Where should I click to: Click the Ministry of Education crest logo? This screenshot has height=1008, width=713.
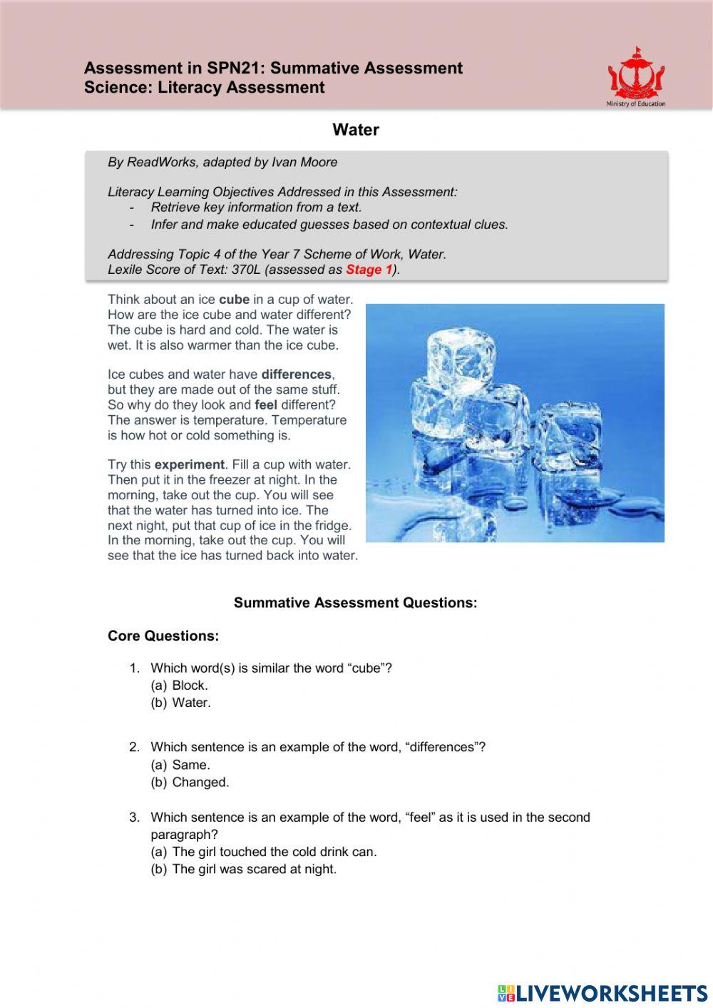pyautogui.click(x=636, y=76)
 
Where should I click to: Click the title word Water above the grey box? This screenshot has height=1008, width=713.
pyautogui.click(x=356, y=130)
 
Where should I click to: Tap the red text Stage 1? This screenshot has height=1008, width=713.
pyautogui.click(x=369, y=270)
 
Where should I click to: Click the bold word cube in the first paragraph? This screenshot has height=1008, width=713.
pyautogui.click(x=234, y=300)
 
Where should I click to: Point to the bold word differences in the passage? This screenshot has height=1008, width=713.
pyautogui.click(x=296, y=375)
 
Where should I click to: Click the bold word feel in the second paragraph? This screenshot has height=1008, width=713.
pyautogui.click(x=265, y=405)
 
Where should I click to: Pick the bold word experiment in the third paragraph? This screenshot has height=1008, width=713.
pyautogui.click(x=189, y=464)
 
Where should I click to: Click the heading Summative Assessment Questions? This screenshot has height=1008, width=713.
pyautogui.click(x=355, y=603)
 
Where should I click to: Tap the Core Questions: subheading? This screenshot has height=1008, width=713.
pyautogui.click(x=163, y=636)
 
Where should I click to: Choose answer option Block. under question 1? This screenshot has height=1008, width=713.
pyautogui.click(x=190, y=686)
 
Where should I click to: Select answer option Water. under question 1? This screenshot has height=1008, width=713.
pyautogui.click(x=191, y=703)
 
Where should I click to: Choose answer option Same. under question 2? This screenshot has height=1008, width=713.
pyautogui.click(x=190, y=765)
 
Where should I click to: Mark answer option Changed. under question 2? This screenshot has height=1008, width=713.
pyautogui.click(x=200, y=782)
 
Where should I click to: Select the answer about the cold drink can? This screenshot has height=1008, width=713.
pyautogui.click(x=275, y=852)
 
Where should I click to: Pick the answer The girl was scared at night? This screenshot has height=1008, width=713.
pyautogui.click(x=254, y=869)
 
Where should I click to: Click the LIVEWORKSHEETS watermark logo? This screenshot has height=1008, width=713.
pyautogui.click(x=602, y=993)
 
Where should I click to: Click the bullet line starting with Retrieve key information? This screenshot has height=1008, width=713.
pyautogui.click(x=257, y=208)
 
